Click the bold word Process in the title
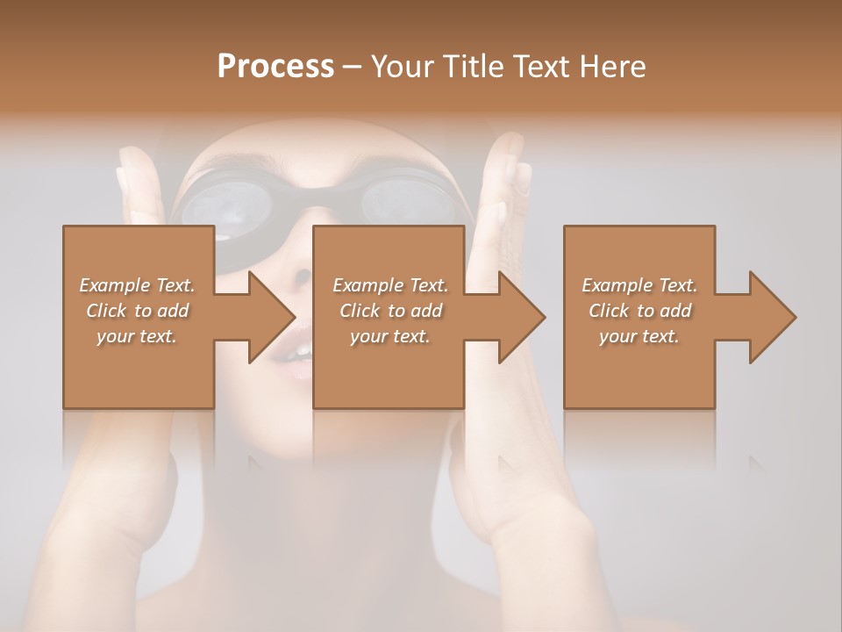click(x=275, y=67)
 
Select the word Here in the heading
click(x=611, y=67)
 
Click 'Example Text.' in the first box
click(x=138, y=285)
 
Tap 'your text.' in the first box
click(x=138, y=336)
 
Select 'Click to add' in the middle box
click(x=390, y=311)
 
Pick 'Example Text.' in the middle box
click(x=390, y=285)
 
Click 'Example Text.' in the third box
click(x=639, y=285)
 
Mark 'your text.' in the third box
click(x=639, y=336)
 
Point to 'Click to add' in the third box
click(x=639, y=311)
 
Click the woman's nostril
click(x=303, y=276)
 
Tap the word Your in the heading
click(x=400, y=67)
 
